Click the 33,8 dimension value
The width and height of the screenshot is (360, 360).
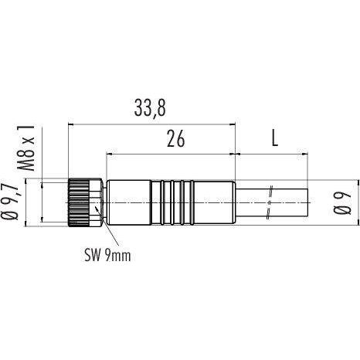(150, 109)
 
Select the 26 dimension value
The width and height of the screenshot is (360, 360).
(176, 138)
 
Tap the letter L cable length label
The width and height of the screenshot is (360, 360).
(275, 139)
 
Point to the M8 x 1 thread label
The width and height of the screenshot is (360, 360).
(26, 148)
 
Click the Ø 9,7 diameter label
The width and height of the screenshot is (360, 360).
(11, 202)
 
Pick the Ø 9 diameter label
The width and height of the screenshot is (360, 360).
(343, 203)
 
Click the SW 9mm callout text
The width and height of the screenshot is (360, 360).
(107, 256)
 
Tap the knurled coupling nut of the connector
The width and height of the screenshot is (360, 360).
(79, 203)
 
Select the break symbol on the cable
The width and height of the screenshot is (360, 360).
(270, 202)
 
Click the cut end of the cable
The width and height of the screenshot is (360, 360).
(308, 203)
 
